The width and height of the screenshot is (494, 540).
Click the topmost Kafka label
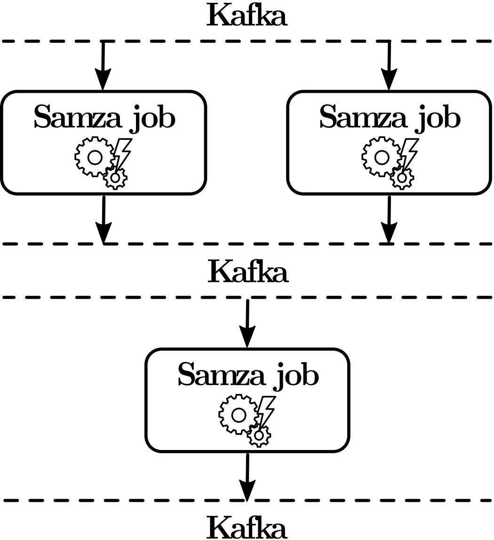pyautogui.click(x=247, y=16)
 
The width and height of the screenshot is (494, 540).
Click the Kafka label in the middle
pyautogui.click(x=247, y=272)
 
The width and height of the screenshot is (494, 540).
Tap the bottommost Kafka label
pyautogui.click(x=247, y=528)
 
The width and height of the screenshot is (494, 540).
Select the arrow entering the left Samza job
pyautogui.click(x=103, y=65)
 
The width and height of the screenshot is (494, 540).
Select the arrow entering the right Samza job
pyautogui.click(x=389, y=65)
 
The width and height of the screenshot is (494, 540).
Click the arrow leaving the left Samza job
pyautogui.click(x=104, y=219)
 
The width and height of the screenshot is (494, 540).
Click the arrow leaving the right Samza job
pyautogui.click(x=389, y=219)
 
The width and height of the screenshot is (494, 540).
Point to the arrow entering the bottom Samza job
pyautogui.click(x=247, y=323)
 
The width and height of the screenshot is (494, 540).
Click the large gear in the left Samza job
pyautogui.click(x=95, y=157)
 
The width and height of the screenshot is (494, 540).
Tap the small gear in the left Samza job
pyautogui.click(x=115, y=178)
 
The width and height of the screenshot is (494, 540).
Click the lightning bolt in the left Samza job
pyautogui.click(x=123, y=152)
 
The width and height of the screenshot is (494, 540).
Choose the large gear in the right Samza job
pyautogui.click(x=381, y=157)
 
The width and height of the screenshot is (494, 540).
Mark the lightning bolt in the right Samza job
pyautogui.click(x=409, y=152)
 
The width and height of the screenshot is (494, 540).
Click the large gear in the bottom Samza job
pyautogui.click(x=239, y=415)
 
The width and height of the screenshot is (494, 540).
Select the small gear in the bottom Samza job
pyautogui.click(x=259, y=435)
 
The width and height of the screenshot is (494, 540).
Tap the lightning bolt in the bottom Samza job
pyautogui.click(x=267, y=409)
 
